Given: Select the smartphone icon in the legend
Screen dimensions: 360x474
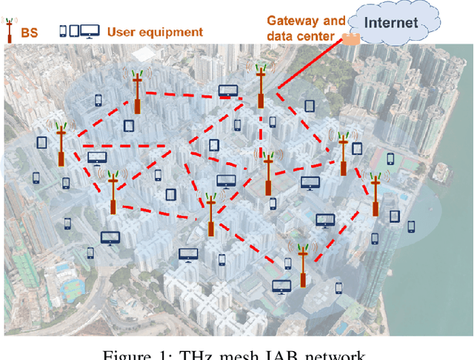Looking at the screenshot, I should tap(63, 31).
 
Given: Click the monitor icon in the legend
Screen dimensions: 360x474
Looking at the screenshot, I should tap(90, 31).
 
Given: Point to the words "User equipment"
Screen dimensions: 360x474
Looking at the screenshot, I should tap(155, 32).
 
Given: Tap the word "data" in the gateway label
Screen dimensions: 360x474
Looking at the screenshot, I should tap(281, 35).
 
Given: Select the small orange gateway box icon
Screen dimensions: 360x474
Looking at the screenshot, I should tap(350, 39).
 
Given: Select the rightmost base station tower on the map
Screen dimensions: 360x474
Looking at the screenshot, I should tap(376, 195).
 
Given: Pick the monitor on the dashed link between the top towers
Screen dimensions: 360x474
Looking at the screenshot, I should tap(227, 92).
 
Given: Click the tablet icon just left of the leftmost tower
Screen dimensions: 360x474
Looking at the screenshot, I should tap(41, 141).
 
